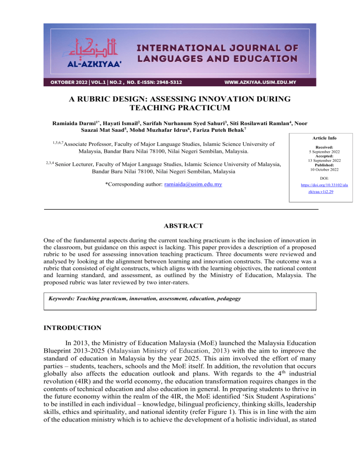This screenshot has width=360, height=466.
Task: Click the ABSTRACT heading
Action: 180,226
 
